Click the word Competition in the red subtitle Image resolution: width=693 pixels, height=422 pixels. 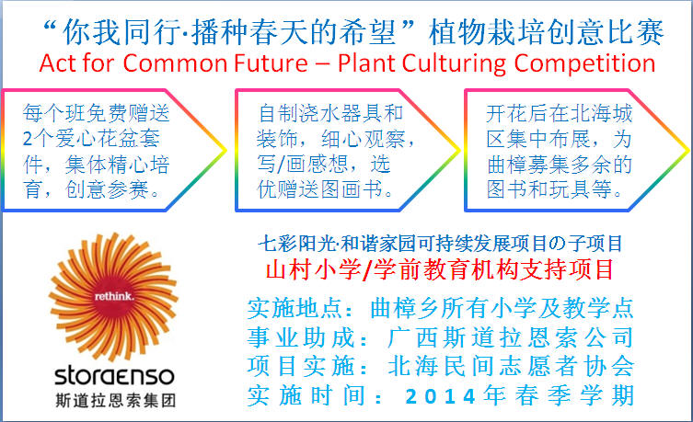click(584, 64)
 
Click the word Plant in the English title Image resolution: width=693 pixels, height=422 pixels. click(366, 63)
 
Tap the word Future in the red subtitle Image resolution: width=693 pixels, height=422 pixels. click(271, 63)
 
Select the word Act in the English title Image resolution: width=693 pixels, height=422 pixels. click(58, 63)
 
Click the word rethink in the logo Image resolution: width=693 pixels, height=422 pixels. click(114, 296)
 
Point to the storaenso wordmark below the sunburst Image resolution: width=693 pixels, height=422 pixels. click(114, 376)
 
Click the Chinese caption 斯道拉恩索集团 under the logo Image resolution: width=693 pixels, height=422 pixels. click(116, 400)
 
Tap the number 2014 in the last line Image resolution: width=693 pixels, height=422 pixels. click(440, 396)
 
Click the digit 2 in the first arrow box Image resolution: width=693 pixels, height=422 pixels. click(28, 139)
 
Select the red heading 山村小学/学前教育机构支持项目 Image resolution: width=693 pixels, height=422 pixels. click(440, 269)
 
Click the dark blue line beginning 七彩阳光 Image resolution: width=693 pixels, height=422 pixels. click(440, 244)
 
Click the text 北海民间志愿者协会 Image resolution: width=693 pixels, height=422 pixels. click(512, 367)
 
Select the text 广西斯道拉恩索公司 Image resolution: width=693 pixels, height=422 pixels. click(512, 337)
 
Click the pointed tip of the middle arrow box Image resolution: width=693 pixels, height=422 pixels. click(459, 151)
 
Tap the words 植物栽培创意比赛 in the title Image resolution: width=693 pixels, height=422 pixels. click(547, 32)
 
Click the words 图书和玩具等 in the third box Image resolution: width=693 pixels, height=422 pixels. click(549, 189)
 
